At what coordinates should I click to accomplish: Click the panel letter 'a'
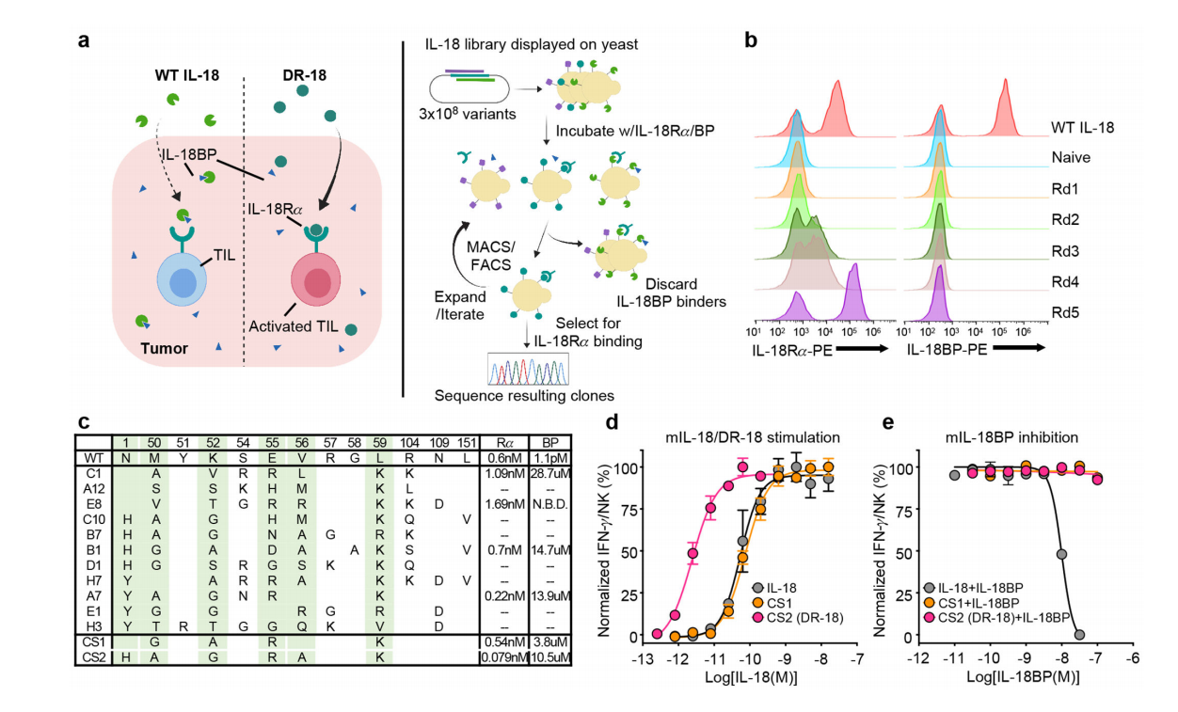pos(85,41)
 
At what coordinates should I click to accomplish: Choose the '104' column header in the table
pos(411,441)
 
